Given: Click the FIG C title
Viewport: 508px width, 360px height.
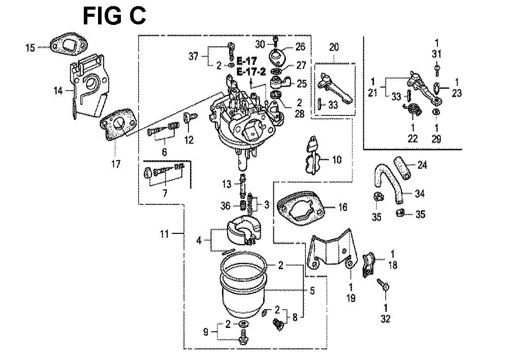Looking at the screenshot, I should [115, 16].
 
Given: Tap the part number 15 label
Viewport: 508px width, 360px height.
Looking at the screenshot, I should [30, 48].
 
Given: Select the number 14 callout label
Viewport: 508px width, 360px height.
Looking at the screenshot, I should [58, 91].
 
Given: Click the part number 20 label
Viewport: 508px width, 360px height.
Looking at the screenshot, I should [333, 47].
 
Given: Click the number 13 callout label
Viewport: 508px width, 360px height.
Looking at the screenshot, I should [226, 183].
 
